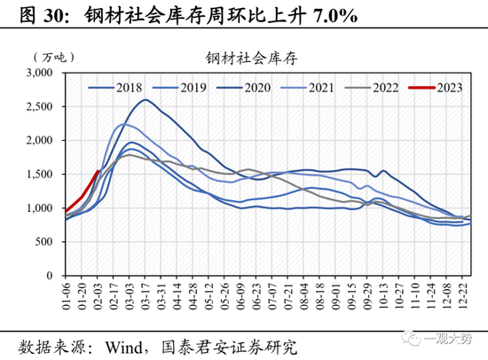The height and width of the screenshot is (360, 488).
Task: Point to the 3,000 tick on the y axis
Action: coord(40,73)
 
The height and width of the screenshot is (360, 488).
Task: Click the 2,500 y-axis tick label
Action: coord(40,106)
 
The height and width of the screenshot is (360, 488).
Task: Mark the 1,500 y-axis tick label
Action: coord(40,175)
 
